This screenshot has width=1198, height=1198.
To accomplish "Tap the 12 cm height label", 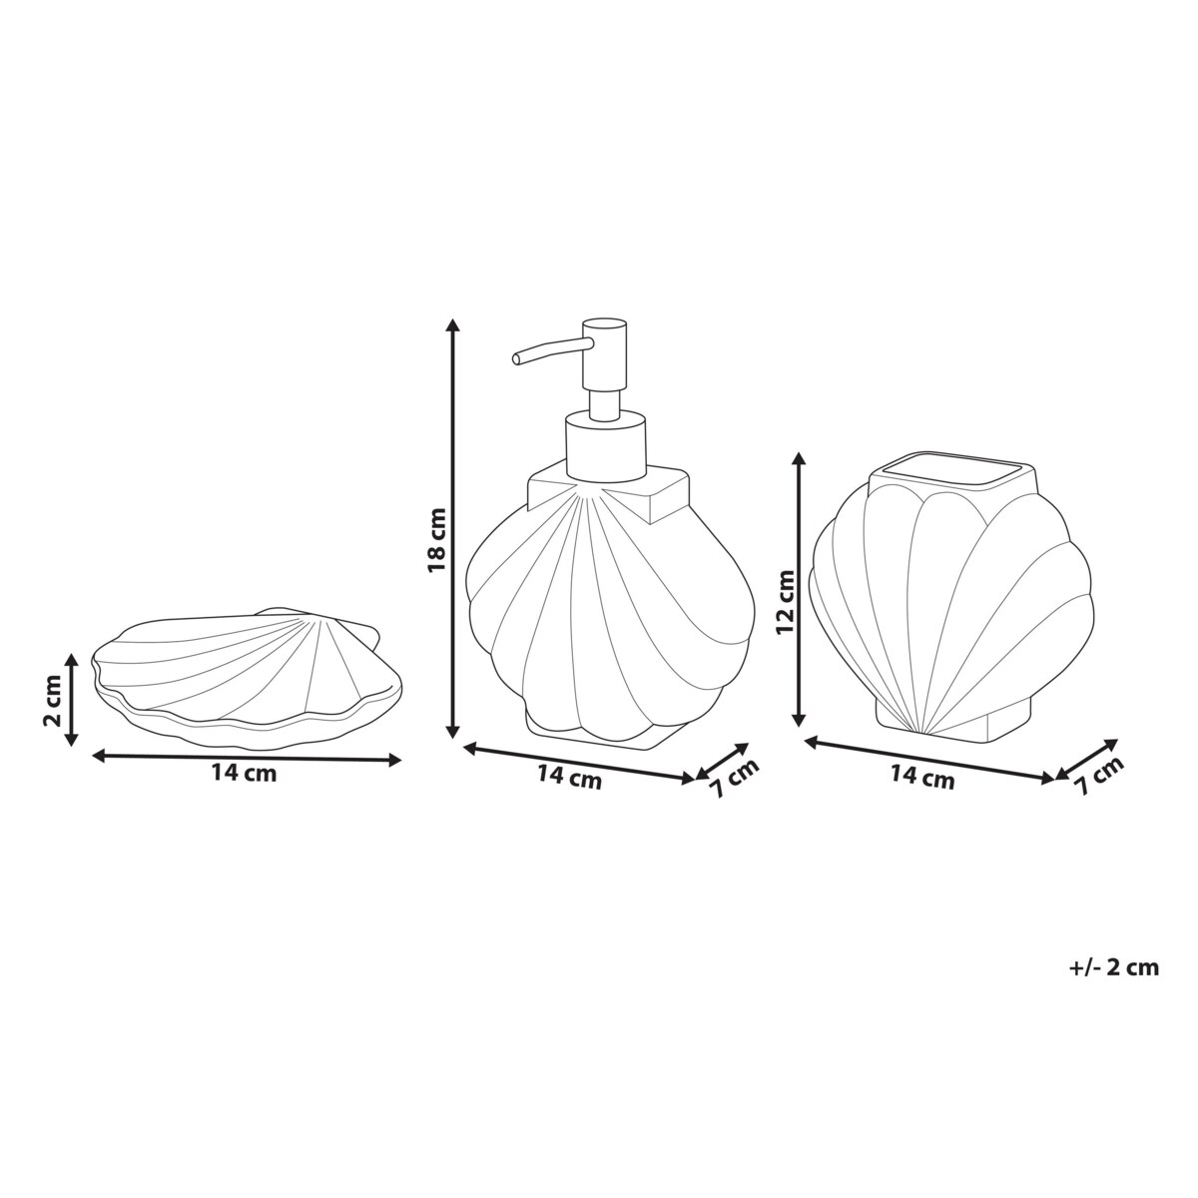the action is (x=786, y=601).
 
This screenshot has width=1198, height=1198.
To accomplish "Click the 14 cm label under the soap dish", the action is (x=244, y=774).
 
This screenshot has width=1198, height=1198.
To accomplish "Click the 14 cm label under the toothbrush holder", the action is (x=922, y=777).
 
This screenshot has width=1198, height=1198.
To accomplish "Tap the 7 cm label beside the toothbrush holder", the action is (x=1099, y=776).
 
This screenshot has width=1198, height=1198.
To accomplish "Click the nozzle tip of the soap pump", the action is (x=516, y=358).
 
